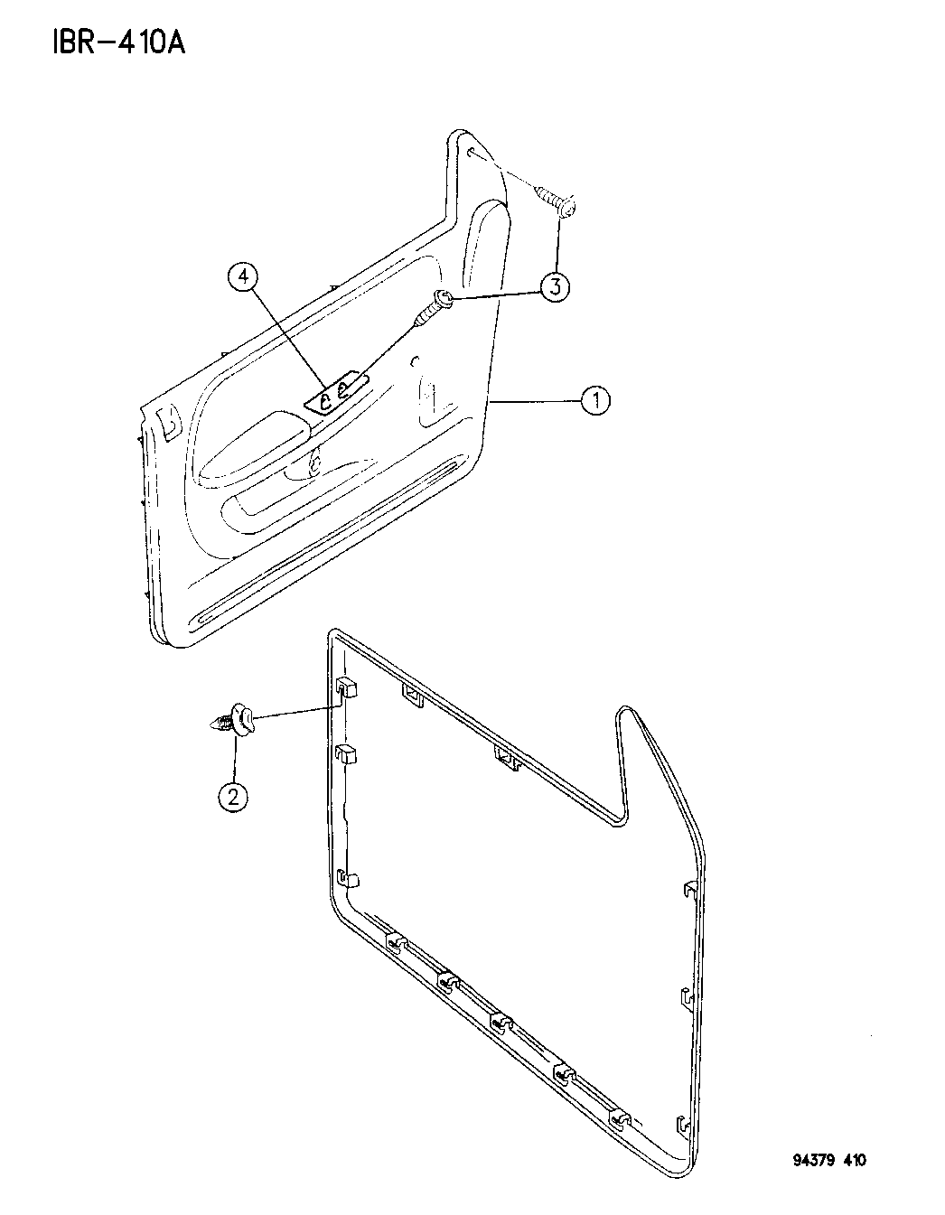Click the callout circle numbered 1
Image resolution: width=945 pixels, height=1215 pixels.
click(x=595, y=400)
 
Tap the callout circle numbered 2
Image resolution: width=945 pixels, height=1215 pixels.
click(x=232, y=795)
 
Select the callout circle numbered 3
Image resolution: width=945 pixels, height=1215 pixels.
click(x=555, y=287)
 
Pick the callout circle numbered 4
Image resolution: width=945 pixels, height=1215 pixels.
click(x=243, y=276)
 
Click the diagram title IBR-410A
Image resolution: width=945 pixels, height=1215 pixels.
click(x=118, y=42)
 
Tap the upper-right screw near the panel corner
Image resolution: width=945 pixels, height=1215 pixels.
click(x=555, y=202)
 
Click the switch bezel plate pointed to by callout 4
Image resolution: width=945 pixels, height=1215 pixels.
click(x=337, y=392)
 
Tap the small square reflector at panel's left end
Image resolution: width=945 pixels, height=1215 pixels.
click(x=169, y=422)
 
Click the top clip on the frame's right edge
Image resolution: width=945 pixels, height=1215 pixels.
click(x=690, y=889)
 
